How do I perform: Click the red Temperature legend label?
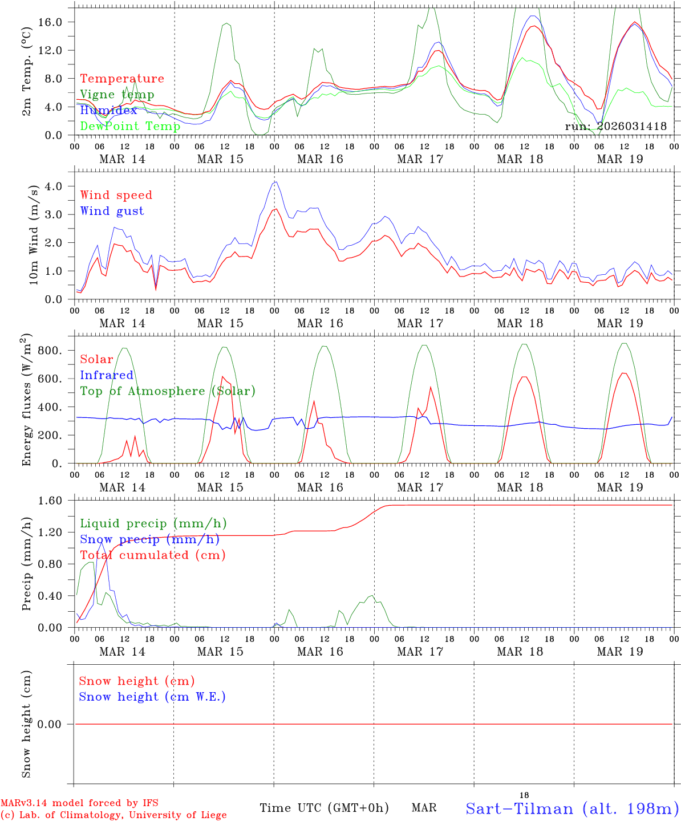[122, 79]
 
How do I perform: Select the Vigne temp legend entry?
[117, 95]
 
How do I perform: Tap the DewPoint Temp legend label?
[130, 126]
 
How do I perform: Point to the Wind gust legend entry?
[112, 211]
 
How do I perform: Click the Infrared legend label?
[107, 375]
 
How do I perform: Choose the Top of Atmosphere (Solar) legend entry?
[168, 391]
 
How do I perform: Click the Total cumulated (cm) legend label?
[153, 555]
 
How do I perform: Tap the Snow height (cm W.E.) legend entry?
[152, 697]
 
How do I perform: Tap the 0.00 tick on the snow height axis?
[56, 724]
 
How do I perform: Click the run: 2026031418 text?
[616, 126]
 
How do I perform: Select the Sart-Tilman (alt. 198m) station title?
[572, 808]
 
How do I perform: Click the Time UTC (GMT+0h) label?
[324, 808]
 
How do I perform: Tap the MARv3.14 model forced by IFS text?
[79, 803]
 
